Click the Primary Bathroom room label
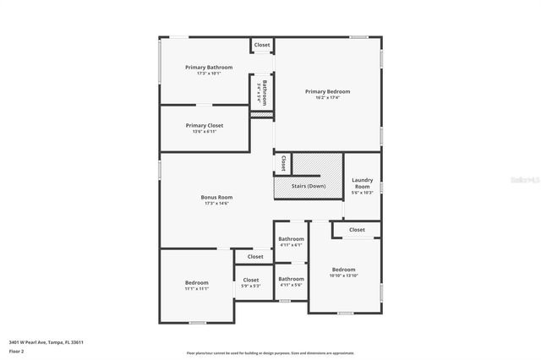click(209, 67)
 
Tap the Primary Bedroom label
click(327, 91)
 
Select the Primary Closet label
click(205, 125)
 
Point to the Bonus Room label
click(216, 197)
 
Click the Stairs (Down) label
click(309, 186)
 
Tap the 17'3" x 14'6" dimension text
click(216, 204)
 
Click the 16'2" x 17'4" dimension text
click(327, 98)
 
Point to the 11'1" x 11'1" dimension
click(197, 288)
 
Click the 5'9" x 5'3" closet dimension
click(251, 286)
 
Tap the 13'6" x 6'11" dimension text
click(205, 132)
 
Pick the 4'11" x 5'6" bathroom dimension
click(291, 285)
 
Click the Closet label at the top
click(262, 45)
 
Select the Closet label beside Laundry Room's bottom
click(357, 230)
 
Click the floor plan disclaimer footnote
click(270, 353)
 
